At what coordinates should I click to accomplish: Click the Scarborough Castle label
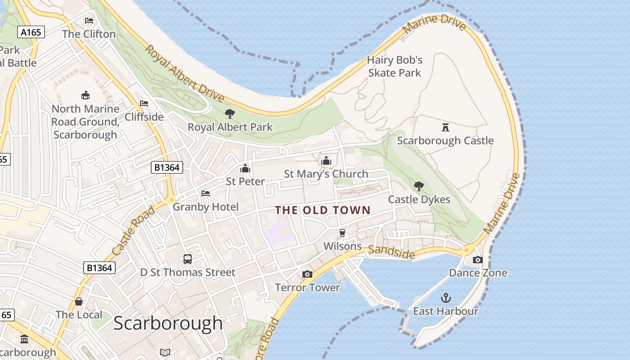click(445, 141)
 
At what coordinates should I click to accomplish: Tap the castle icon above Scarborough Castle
click(445, 127)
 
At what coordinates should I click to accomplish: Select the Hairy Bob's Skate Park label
click(395, 66)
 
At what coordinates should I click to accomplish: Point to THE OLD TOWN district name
click(323, 210)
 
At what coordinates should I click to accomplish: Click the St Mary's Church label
click(326, 174)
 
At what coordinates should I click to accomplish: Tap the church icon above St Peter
click(245, 168)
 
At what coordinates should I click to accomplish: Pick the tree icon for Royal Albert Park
click(230, 113)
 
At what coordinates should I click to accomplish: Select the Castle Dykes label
click(419, 199)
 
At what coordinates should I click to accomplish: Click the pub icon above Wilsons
click(342, 233)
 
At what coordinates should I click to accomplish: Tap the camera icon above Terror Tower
click(307, 274)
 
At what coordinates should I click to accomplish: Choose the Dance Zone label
click(478, 273)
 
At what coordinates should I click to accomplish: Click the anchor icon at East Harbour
click(445, 297)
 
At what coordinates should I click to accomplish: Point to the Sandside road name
click(391, 252)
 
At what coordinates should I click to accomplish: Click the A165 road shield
click(31, 32)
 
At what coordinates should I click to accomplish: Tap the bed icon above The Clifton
click(89, 21)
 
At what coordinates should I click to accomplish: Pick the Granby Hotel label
click(206, 207)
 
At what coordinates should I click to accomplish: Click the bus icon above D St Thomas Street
click(188, 259)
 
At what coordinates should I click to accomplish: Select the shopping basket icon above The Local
click(79, 301)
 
